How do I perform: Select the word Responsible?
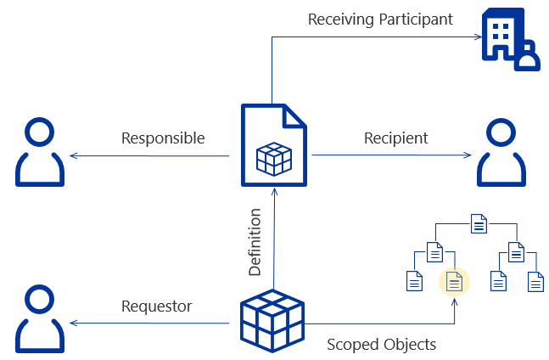pyautogui.click(x=163, y=138)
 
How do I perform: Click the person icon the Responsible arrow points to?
pyautogui.click(x=39, y=153)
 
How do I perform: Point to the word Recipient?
pyautogui.click(x=395, y=138)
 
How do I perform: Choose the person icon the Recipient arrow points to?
pyautogui.click(x=501, y=153)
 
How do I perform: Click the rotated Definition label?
pyautogui.click(x=255, y=242)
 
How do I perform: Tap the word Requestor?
pyautogui.click(x=156, y=306)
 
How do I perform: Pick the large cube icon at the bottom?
pyautogui.click(x=272, y=320)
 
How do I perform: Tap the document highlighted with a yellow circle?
pyautogui.click(x=454, y=281)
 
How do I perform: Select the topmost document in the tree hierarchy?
pyautogui.click(x=479, y=225)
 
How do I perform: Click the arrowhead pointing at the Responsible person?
pyautogui.click(x=74, y=155)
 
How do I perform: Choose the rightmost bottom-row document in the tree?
pyautogui.click(x=535, y=281)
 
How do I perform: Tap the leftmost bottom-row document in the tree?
pyautogui.click(x=414, y=281)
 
